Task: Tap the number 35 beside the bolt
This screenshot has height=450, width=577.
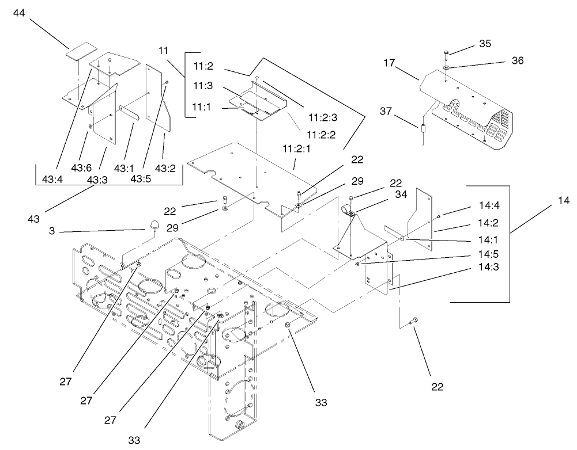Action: pyautogui.click(x=486, y=43)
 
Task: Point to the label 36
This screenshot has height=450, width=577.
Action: pyautogui.click(x=518, y=60)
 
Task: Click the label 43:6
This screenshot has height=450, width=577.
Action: pyautogui.click(x=81, y=167)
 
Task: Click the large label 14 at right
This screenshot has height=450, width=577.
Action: pyautogui.click(x=563, y=201)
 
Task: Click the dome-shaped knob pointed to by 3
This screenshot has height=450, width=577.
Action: pyautogui.click(x=154, y=224)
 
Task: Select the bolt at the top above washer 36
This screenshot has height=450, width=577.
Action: pyautogui.click(x=447, y=54)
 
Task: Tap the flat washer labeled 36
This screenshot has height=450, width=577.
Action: pyautogui.click(x=447, y=68)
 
